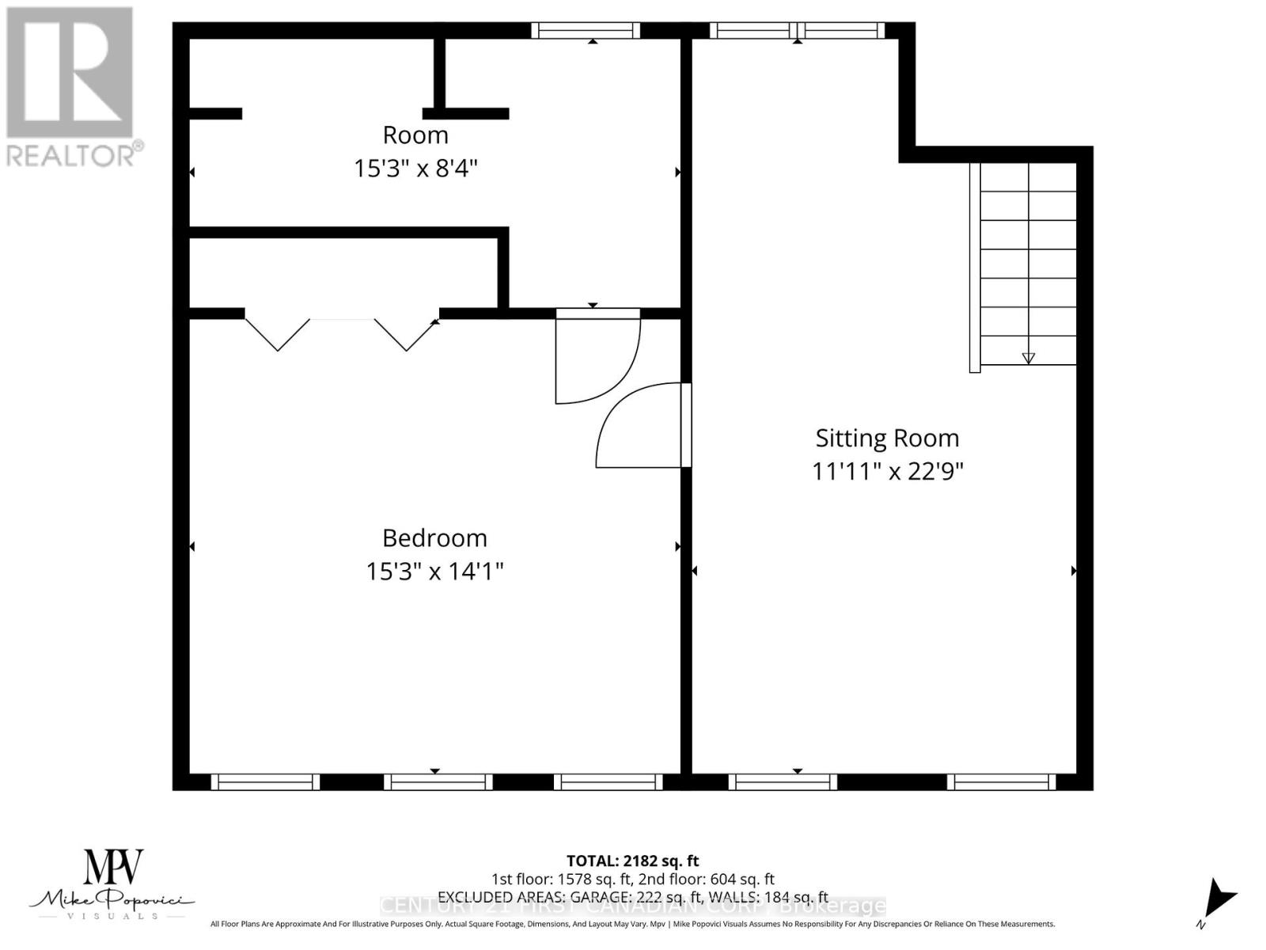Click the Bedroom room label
click(x=434, y=538)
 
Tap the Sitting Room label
click(x=887, y=438)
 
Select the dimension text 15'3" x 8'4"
click(x=415, y=169)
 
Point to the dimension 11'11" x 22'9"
click(x=887, y=472)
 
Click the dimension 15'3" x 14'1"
click(x=434, y=572)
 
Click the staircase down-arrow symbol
click(x=1028, y=358)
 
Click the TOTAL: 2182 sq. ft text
click(x=632, y=861)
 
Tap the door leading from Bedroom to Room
click(x=597, y=356)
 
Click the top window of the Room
click(x=585, y=31)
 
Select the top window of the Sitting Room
click(x=797, y=31)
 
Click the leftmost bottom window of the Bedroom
click(x=265, y=782)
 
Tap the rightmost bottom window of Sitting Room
click(x=1001, y=782)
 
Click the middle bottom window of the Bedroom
click(x=438, y=782)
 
